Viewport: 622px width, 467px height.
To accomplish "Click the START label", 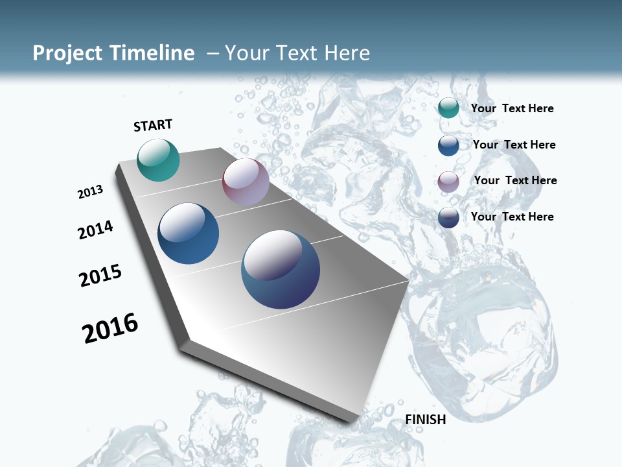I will pos(153,125).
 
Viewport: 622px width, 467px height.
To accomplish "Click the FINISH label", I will pos(426,420).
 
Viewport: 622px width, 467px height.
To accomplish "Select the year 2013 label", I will pos(90,192).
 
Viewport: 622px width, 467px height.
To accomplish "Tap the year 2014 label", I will pos(95,230).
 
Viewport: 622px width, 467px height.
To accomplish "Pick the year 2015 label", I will pos(100,276).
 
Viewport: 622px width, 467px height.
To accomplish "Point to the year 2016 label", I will pos(110,328).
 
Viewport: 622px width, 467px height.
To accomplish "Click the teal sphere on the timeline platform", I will pos(158,160).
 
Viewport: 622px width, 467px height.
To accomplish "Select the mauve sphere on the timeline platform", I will pos(246,182).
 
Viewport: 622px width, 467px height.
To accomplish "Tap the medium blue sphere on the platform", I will pos(189,233).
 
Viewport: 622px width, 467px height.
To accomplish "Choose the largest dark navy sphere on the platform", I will pos(281,269).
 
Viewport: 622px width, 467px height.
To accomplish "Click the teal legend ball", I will pos(448,108).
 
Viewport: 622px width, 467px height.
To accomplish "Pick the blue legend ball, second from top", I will pos(448,145).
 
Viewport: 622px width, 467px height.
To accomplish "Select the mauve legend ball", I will pos(448,182).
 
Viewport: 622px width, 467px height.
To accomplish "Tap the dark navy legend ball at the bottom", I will pos(448,217).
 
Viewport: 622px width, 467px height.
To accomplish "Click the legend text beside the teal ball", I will pos(512,108).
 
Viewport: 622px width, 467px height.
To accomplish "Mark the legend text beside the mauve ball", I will pos(515,180).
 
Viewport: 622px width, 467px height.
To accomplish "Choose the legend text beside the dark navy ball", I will pos(512,217).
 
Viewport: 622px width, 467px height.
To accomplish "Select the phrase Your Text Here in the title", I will pos(297,53).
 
